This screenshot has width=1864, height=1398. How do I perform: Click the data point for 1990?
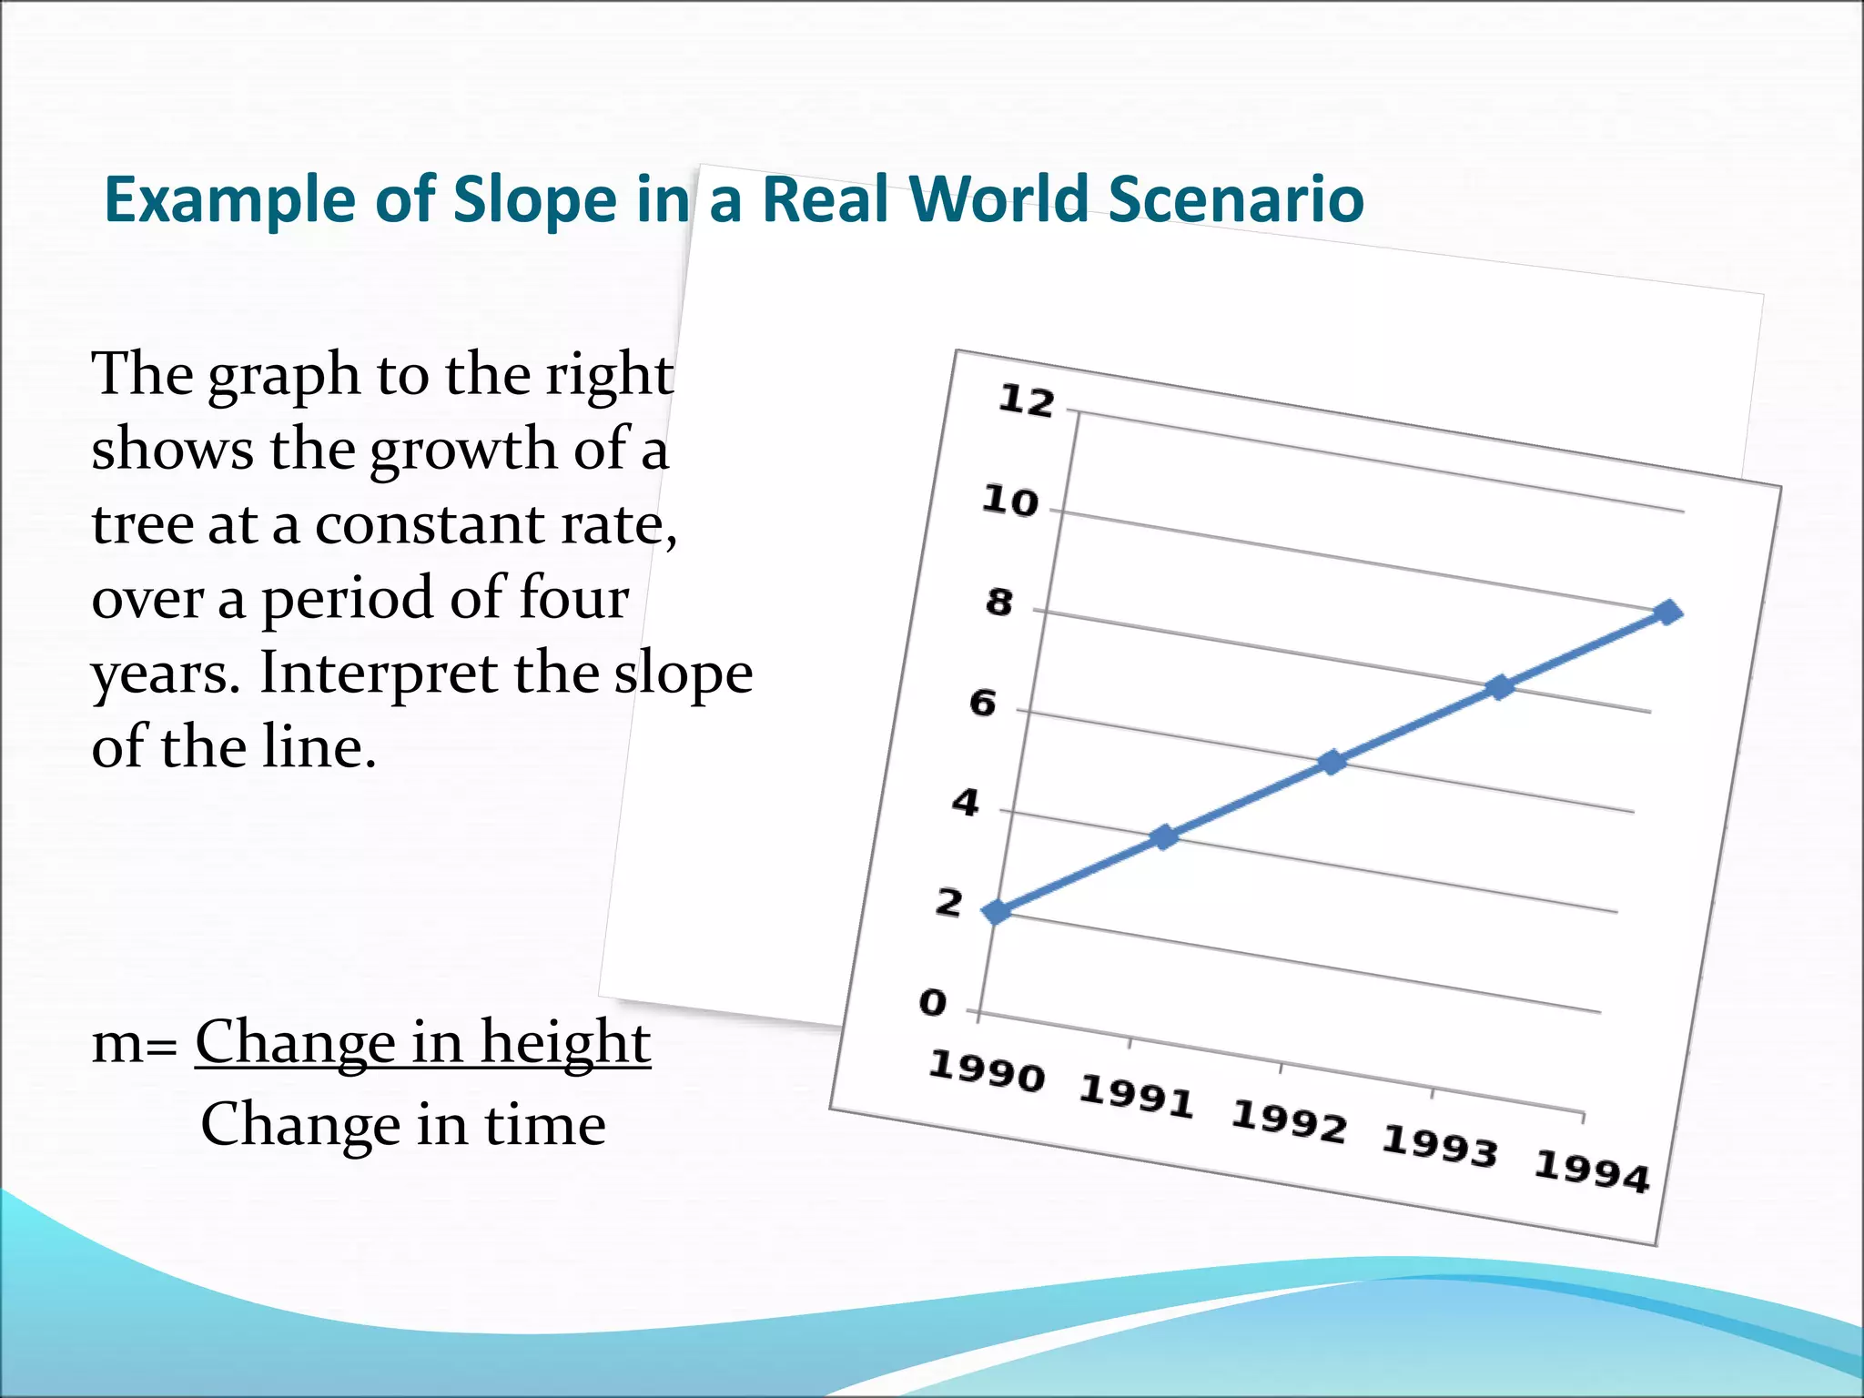(x=998, y=911)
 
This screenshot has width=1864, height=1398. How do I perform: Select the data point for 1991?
(x=1165, y=836)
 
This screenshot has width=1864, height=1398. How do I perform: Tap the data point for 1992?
(x=1332, y=762)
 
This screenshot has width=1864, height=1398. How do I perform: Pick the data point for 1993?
(x=1500, y=687)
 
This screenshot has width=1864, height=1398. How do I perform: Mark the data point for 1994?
(x=1668, y=613)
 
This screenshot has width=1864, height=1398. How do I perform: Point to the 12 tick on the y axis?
(x=1026, y=400)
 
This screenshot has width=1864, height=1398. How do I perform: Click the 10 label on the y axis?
(x=1009, y=501)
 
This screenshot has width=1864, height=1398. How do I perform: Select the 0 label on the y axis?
(x=933, y=1002)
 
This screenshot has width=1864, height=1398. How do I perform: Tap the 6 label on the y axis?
(x=982, y=703)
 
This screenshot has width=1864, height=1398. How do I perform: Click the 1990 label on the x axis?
(x=986, y=1070)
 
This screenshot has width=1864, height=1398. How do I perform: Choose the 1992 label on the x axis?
(x=1288, y=1121)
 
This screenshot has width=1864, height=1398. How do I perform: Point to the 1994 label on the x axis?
(x=1591, y=1171)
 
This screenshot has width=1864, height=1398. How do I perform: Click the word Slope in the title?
(x=534, y=200)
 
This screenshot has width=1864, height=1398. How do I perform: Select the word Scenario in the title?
(x=1235, y=198)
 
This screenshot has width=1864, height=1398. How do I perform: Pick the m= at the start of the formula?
(x=135, y=1043)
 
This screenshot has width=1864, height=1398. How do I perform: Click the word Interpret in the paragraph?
(x=378, y=673)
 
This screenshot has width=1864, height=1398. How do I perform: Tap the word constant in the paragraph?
(x=430, y=525)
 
